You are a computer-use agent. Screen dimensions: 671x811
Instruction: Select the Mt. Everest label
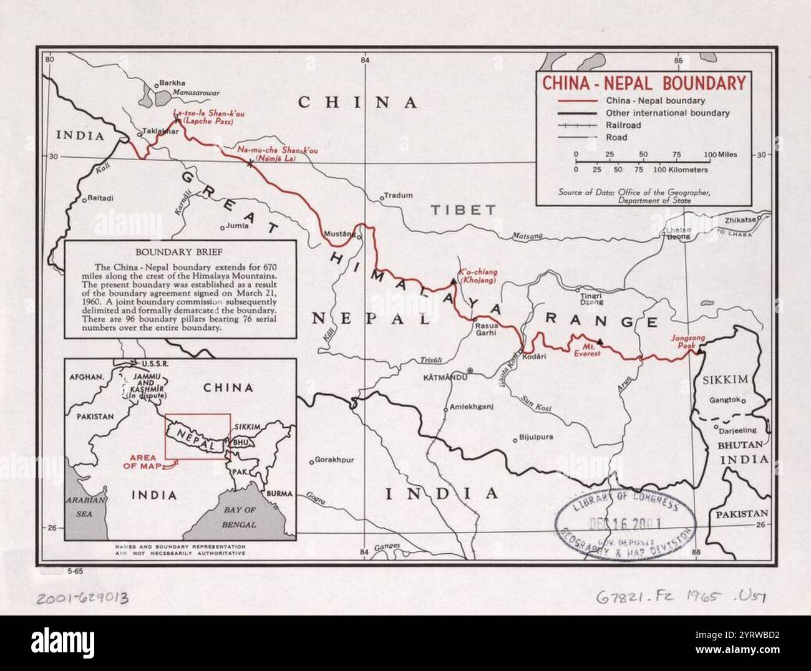tap(587, 350)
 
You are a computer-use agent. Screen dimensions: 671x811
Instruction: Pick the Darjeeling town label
tap(737, 430)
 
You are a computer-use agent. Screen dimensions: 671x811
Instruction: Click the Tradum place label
tap(398, 195)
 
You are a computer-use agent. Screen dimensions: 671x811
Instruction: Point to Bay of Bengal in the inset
tap(240, 517)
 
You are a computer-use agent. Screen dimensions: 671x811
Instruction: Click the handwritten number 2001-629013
tap(82, 599)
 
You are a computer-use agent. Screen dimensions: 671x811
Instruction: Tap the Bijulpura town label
tap(536, 437)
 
